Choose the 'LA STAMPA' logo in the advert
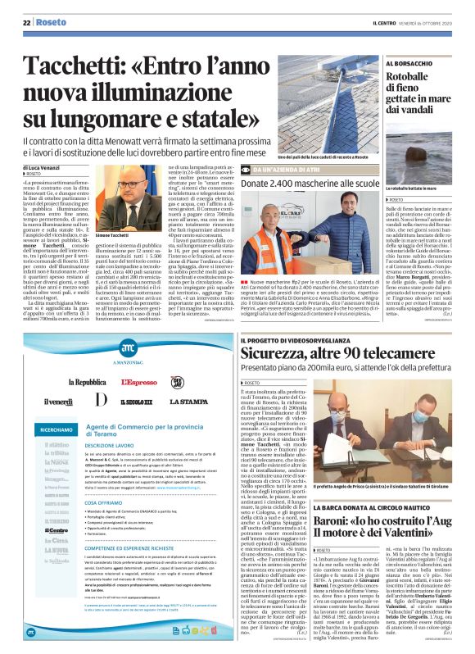pyautogui.click(x=188, y=401)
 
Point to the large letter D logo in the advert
pyautogui.click(x=101, y=401)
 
